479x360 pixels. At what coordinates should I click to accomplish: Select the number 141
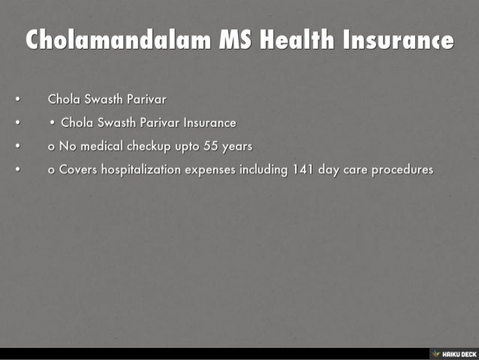click(x=303, y=170)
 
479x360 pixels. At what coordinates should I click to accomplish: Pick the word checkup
click(x=149, y=146)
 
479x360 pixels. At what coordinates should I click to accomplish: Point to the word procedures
click(x=404, y=170)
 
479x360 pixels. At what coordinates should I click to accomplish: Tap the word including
click(x=264, y=170)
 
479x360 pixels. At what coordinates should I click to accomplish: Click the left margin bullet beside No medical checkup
click(x=17, y=146)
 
